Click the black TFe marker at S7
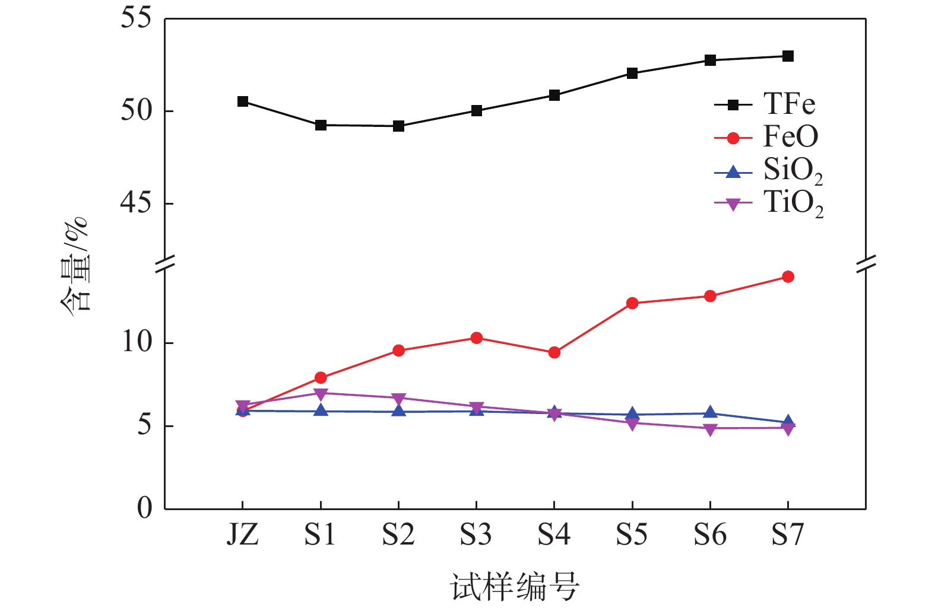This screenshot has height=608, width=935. click(788, 56)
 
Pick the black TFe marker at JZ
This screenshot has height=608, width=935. click(243, 101)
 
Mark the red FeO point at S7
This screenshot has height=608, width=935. click(788, 276)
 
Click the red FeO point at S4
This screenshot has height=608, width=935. click(554, 352)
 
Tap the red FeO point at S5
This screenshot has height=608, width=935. click(632, 303)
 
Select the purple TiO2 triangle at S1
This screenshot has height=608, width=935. click(321, 394)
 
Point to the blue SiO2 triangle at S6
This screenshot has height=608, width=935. click(710, 412)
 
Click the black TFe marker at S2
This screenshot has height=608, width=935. click(398, 126)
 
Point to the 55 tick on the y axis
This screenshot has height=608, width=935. click(136, 18)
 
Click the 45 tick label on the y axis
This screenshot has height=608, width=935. click(136, 203)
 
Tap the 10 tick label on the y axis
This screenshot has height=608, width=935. click(137, 342)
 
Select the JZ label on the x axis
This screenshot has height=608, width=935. click(243, 535)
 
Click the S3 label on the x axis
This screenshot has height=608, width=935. click(476, 535)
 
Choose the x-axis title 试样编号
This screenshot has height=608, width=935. click(515, 587)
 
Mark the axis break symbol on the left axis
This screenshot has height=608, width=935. click(165, 262)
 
